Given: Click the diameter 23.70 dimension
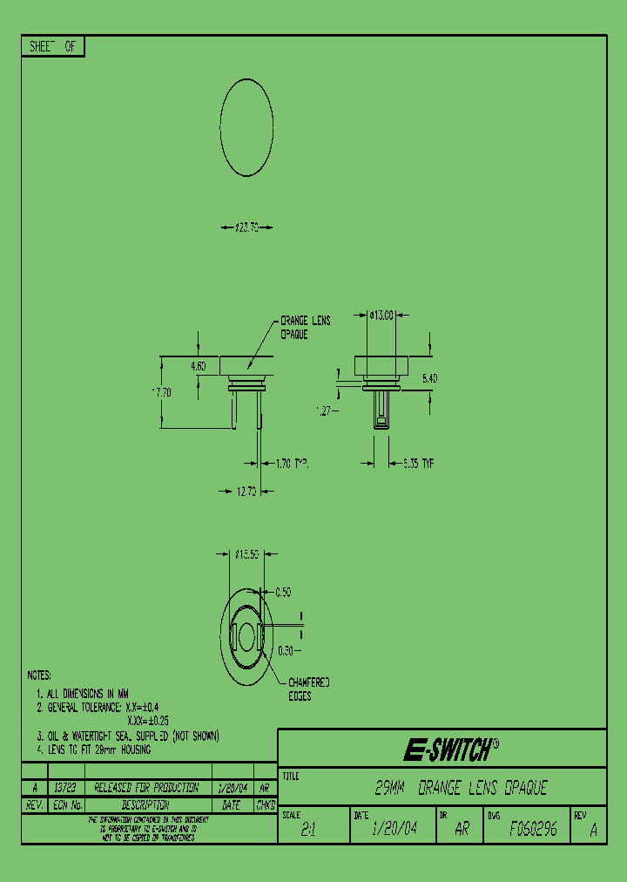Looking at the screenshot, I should [248, 227].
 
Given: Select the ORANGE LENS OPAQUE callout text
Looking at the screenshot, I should [305, 327].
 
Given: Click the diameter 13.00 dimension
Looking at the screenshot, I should [381, 315].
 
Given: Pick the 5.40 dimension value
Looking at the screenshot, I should [430, 378].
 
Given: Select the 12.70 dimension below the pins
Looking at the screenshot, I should [246, 492].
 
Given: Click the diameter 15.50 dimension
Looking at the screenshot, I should [247, 553].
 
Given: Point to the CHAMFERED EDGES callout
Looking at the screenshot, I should [308, 689].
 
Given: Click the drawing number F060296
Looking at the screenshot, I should [533, 830].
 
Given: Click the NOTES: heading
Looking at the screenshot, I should [39, 675].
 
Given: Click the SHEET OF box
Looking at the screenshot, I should [53, 47].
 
